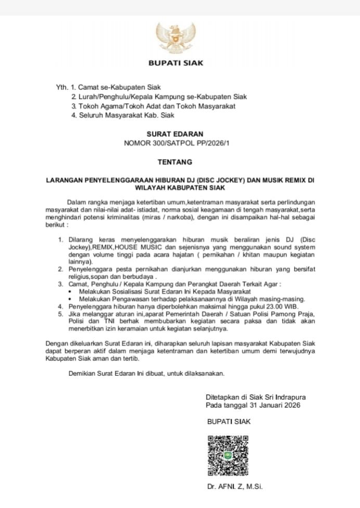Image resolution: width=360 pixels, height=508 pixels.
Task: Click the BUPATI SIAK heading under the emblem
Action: [176, 63]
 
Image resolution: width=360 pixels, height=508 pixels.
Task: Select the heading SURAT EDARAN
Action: [175, 134]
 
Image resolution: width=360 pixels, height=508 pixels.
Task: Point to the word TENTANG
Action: [175, 162]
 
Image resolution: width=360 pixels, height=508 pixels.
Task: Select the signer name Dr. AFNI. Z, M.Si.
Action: [235, 487]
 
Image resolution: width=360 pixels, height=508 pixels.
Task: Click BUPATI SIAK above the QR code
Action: [228, 421]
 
